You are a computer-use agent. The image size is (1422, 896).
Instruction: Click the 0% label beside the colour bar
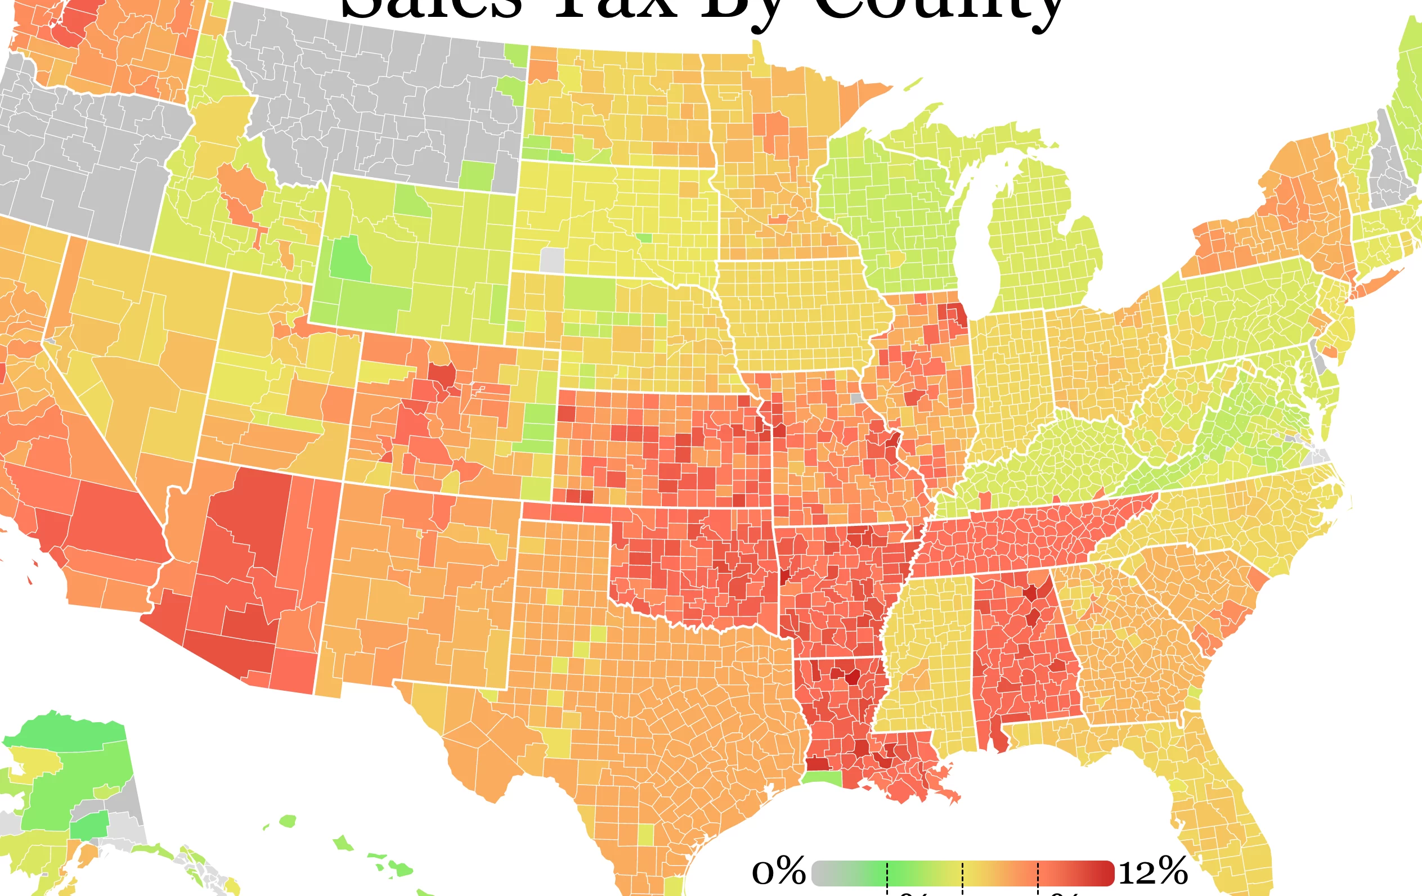click(x=778, y=871)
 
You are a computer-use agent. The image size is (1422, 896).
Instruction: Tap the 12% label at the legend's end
click(x=1152, y=871)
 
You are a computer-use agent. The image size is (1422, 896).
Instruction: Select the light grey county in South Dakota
click(x=552, y=260)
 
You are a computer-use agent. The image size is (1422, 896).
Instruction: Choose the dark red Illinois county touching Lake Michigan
click(x=953, y=313)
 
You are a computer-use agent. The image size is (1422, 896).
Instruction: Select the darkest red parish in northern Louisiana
click(x=852, y=677)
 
